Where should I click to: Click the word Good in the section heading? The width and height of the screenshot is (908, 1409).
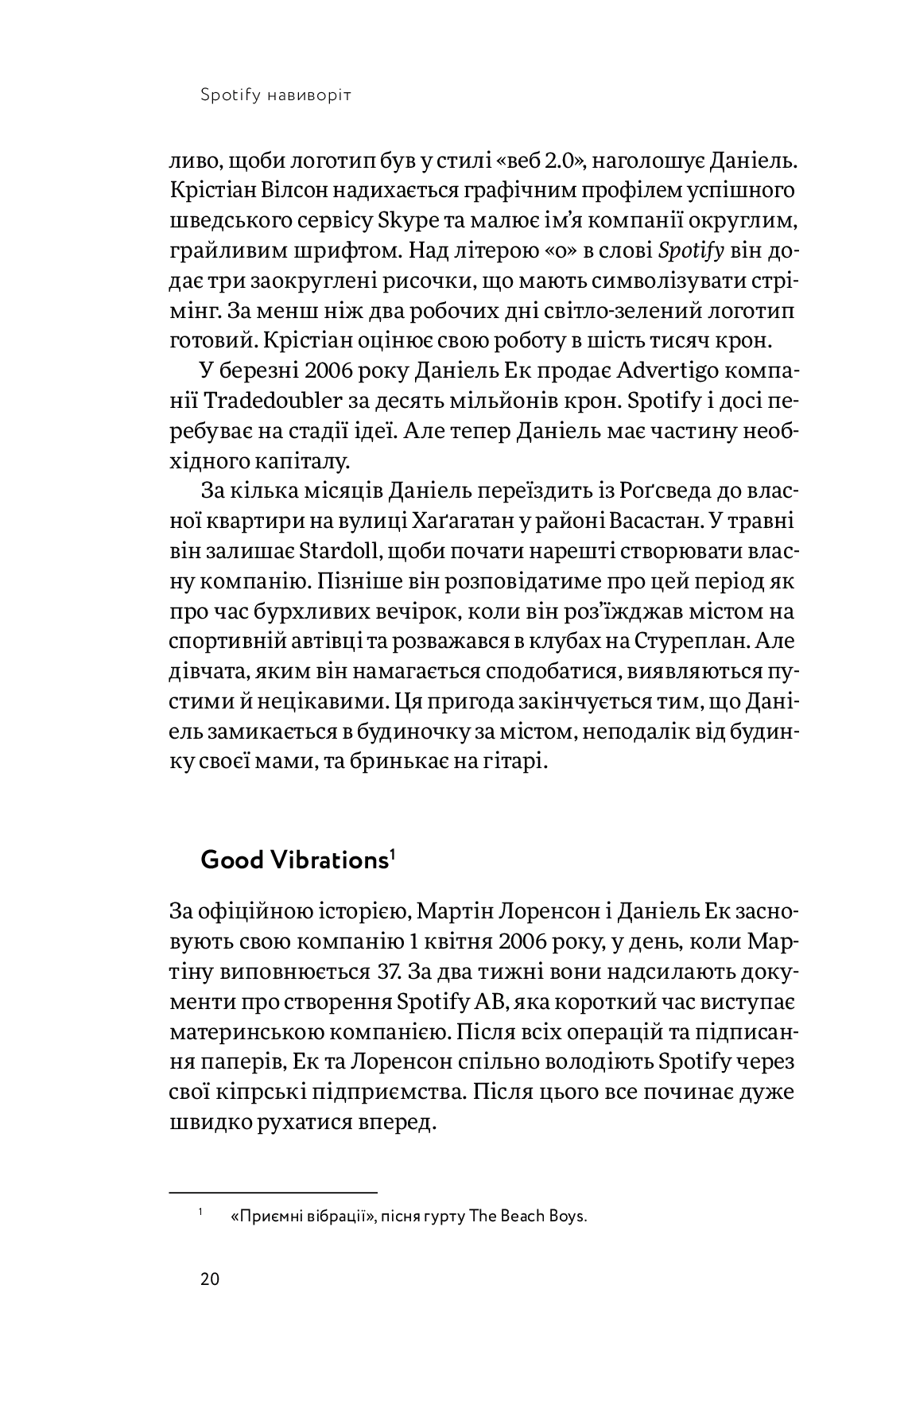(231, 860)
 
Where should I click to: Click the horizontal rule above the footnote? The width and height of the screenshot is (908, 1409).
(273, 1192)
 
